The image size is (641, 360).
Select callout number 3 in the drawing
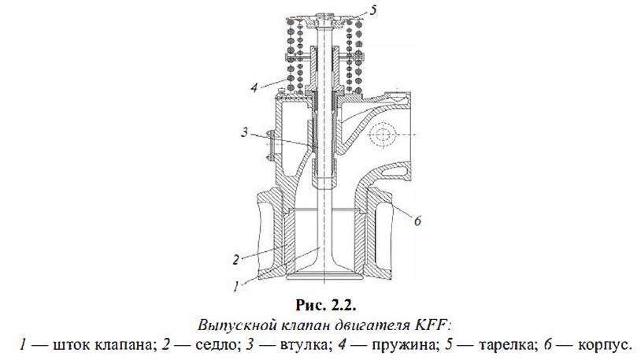pyautogui.click(x=247, y=132)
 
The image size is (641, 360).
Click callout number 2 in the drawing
pyautogui.click(x=236, y=259)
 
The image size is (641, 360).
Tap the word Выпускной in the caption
pyautogui.click(x=226, y=323)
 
